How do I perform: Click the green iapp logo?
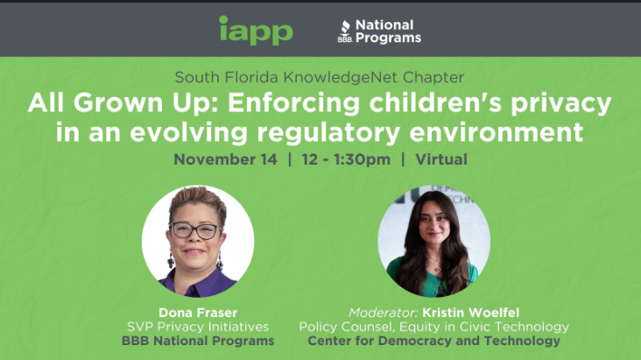pyautogui.click(x=256, y=31)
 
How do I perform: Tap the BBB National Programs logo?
pyautogui.click(x=379, y=32)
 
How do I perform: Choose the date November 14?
pyautogui.click(x=226, y=159)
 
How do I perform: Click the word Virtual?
pyautogui.click(x=440, y=159)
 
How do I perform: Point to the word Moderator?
pyautogui.click(x=382, y=312)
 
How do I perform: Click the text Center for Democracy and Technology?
pyautogui.click(x=433, y=341)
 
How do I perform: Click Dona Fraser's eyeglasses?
pyautogui.click(x=194, y=231)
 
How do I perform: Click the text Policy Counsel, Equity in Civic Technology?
pyautogui.click(x=433, y=327)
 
